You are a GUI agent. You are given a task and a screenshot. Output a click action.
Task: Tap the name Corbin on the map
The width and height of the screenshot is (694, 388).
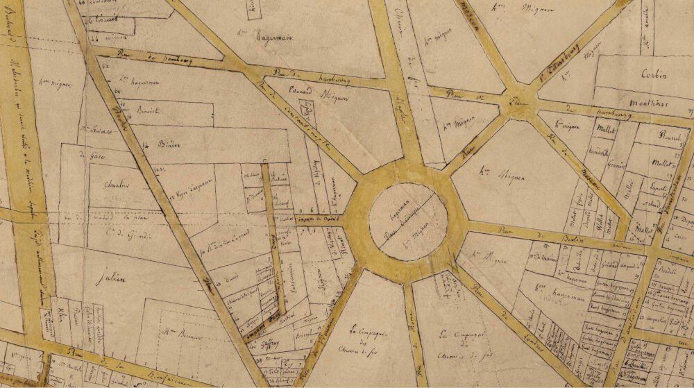coord(654,75)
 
